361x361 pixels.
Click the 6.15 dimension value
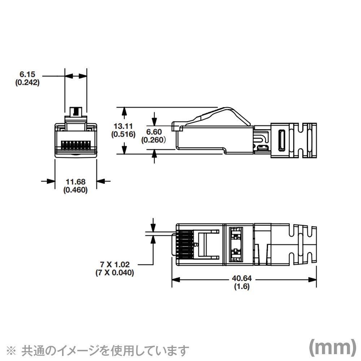27,74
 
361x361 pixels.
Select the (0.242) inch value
27,82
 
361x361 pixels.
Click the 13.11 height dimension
123,126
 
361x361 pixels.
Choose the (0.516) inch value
123,135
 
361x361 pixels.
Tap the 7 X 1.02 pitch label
114,265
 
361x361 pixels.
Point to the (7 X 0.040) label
114,273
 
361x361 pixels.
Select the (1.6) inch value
242,287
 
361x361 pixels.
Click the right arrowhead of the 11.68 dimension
100,181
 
